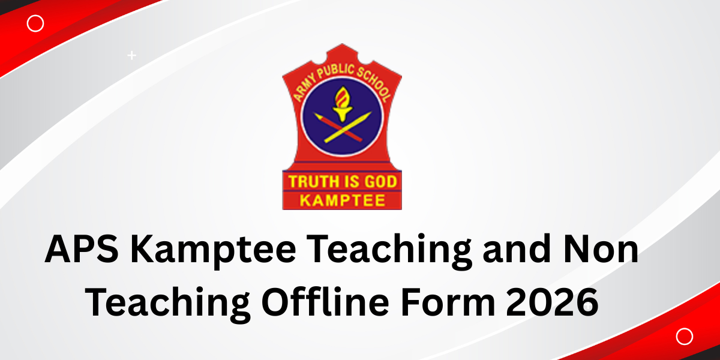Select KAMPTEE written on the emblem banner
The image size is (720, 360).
[x=342, y=200]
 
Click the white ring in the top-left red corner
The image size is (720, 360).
[x=35, y=23]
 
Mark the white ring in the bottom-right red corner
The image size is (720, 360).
[x=684, y=337]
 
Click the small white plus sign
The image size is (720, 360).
[x=132, y=56]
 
